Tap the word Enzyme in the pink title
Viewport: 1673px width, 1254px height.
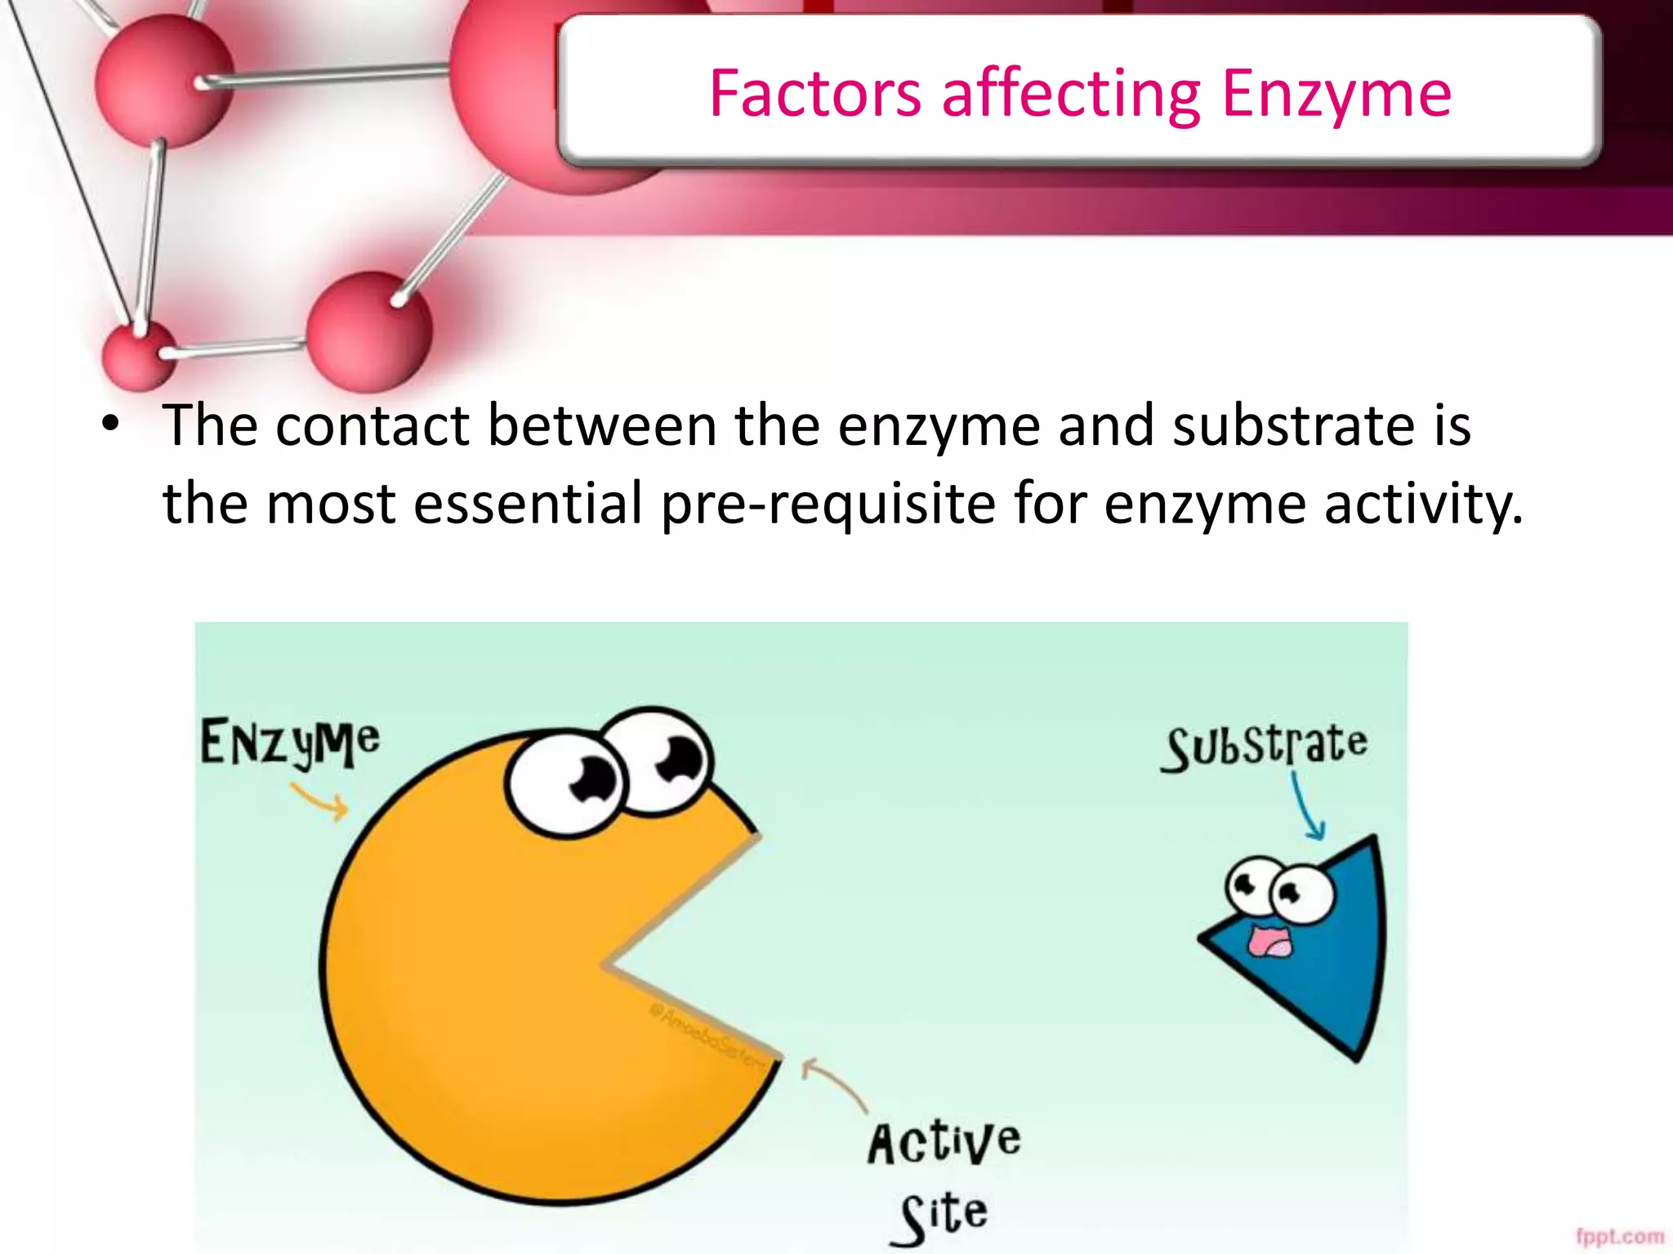[x=1336, y=96]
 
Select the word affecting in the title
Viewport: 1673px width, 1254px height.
[x=1071, y=96]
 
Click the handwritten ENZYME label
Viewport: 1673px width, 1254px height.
[x=290, y=742]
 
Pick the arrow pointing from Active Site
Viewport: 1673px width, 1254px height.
[x=833, y=1082]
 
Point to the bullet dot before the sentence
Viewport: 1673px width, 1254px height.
[x=110, y=425]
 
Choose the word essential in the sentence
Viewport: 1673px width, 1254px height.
[x=528, y=503]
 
